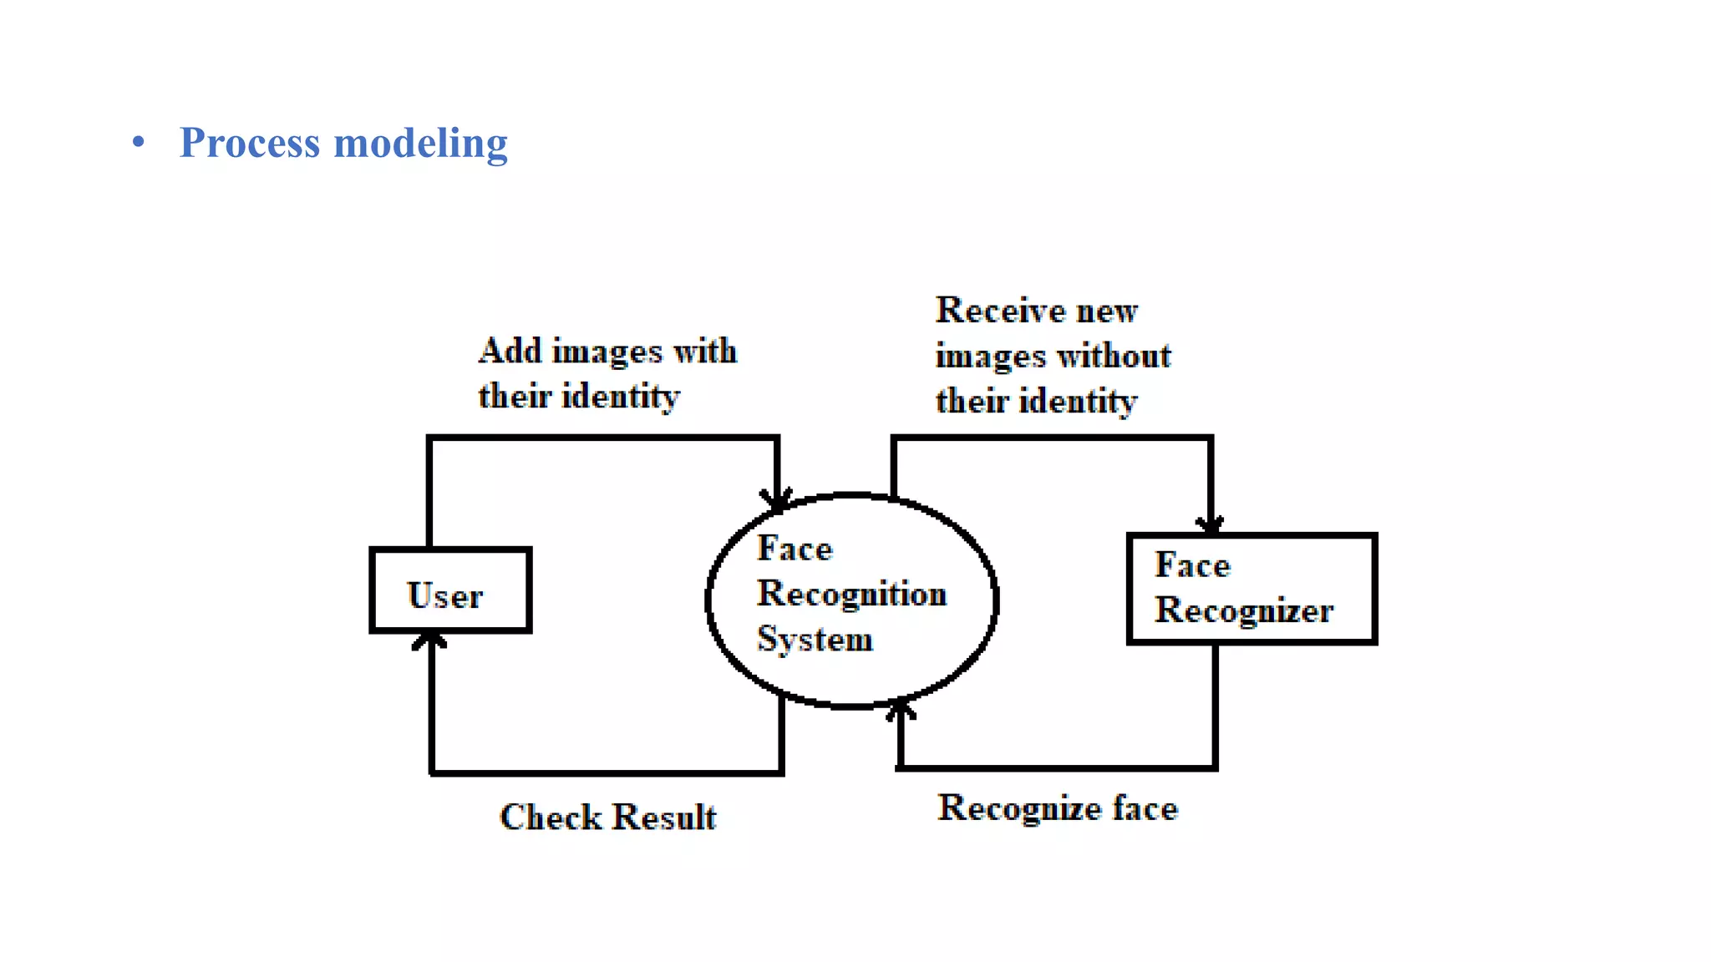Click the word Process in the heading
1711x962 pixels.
[x=249, y=143]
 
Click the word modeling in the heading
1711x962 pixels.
[x=420, y=143]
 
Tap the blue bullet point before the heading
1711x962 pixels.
[x=139, y=142]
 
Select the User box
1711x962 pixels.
[x=450, y=590]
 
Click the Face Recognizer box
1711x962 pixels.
[x=1251, y=589]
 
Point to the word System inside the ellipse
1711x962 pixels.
[x=815, y=640]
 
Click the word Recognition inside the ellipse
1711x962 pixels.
[x=851, y=594]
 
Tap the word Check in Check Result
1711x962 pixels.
[x=551, y=817]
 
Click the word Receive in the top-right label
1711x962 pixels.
[x=1000, y=311]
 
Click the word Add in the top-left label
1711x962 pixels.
[x=510, y=351]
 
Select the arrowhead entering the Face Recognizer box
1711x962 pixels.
[x=1210, y=524]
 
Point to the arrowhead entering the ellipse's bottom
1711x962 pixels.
[x=900, y=710]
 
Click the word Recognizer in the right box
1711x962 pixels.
[x=1243, y=610]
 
